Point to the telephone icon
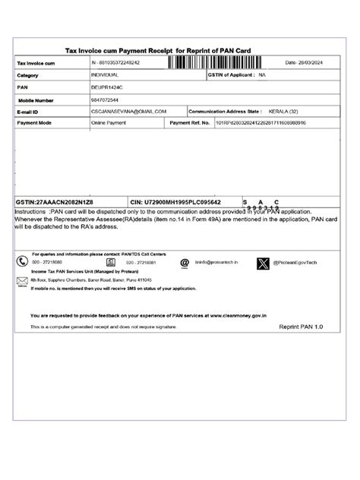point(23,261)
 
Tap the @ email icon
point(184,262)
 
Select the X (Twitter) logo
point(263,262)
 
